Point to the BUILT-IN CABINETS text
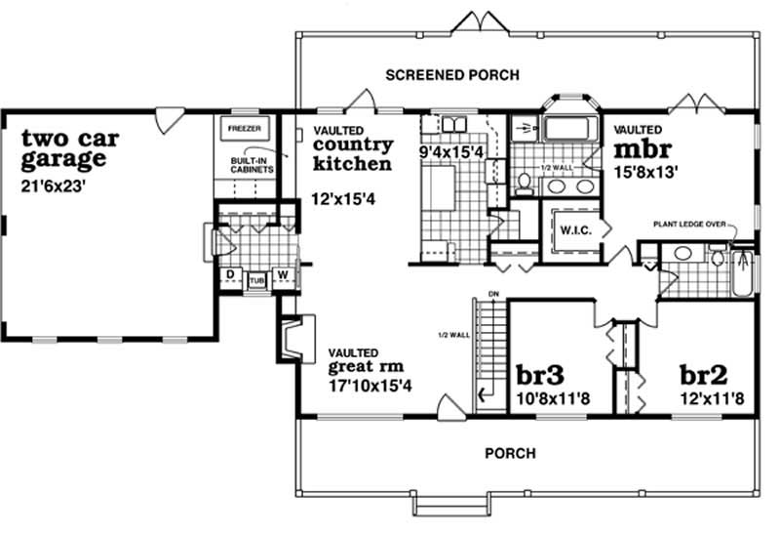click(x=252, y=165)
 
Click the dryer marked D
click(x=230, y=276)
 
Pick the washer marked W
click(x=283, y=276)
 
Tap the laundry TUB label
click(x=256, y=279)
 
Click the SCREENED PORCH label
click(x=451, y=75)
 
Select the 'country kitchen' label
click(x=352, y=154)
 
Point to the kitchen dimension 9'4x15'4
click(x=452, y=152)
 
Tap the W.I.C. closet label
click(x=569, y=230)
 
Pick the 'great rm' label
click(x=365, y=368)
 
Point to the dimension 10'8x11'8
click(x=547, y=399)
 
